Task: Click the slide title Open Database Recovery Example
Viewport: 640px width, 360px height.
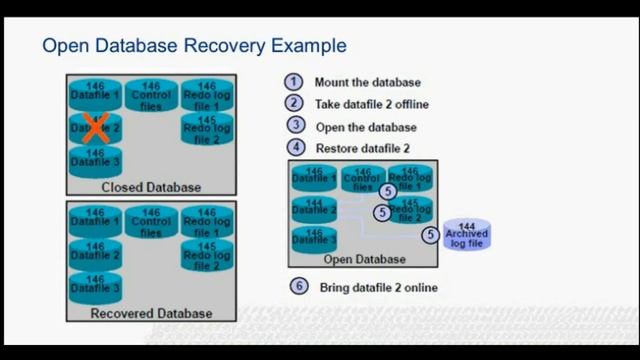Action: (194, 46)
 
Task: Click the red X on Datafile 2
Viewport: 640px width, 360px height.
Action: (94, 128)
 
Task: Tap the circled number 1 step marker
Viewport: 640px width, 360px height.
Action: (294, 83)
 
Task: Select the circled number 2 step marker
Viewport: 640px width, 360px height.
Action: (294, 104)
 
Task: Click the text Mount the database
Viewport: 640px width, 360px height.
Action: (367, 83)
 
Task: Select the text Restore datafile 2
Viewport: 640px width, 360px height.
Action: (362, 149)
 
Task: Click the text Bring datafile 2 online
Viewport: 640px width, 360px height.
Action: (378, 288)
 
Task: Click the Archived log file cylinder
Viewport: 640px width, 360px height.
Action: (466, 235)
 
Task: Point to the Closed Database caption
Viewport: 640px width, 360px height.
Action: (151, 187)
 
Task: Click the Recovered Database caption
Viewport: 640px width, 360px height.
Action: (151, 313)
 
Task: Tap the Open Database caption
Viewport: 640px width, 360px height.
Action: (364, 260)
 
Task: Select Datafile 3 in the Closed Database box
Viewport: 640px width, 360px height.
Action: (95, 160)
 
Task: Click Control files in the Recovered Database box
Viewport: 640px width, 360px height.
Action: (151, 223)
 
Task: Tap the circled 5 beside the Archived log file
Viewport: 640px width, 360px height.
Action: (430, 235)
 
